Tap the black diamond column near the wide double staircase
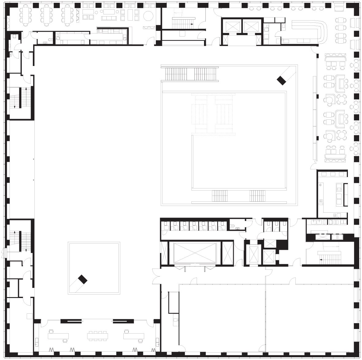(x=281, y=80)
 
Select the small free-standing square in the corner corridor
(x=29, y=316)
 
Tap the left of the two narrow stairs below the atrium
(x=220, y=195)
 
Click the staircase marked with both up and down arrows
(x=20, y=98)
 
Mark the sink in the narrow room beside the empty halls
(x=175, y=320)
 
